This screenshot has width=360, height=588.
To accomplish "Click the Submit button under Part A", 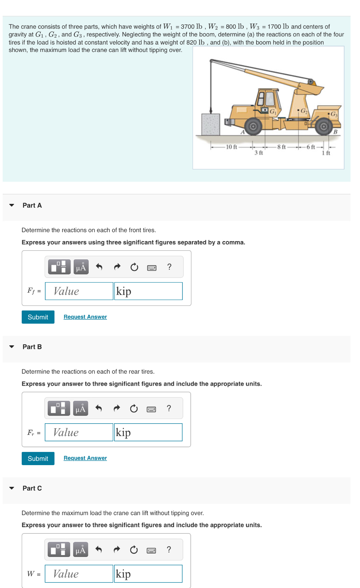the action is point(38,317).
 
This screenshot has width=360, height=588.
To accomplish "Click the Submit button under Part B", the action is point(38,458).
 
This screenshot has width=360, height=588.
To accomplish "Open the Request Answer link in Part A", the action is point(85,317).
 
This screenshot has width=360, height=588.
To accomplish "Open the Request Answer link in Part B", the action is point(85,458).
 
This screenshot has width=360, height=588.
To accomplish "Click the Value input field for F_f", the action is point(79,291).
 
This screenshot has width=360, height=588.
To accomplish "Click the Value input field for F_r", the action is point(79,432).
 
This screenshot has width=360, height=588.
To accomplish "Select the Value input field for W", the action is point(79,574).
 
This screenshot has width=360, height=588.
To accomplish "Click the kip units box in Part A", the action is point(148,291).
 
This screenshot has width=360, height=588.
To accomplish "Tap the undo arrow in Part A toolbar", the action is point(99,267).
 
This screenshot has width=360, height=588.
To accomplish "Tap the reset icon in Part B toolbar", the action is point(134,409).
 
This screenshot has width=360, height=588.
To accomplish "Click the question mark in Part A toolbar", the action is point(169,267).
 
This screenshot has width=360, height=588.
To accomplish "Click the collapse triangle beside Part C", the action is point(12,488).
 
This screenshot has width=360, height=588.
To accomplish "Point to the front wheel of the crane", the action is point(253,127).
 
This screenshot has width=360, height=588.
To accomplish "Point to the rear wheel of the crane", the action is point(324,127).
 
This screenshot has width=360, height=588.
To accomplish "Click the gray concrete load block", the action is point(211,124).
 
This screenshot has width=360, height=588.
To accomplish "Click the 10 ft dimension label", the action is point(231,147).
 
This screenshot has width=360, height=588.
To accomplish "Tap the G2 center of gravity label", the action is point(304,110).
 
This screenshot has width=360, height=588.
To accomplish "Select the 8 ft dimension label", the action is point(282,147).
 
